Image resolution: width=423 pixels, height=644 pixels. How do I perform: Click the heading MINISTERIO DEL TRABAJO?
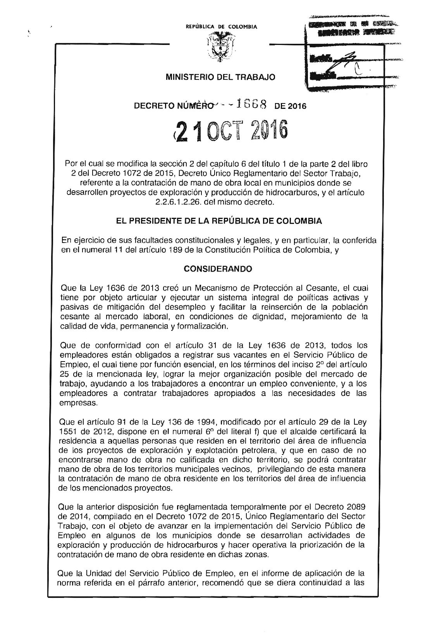pos(220,77)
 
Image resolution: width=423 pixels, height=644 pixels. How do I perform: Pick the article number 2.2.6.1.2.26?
pos(165,202)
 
